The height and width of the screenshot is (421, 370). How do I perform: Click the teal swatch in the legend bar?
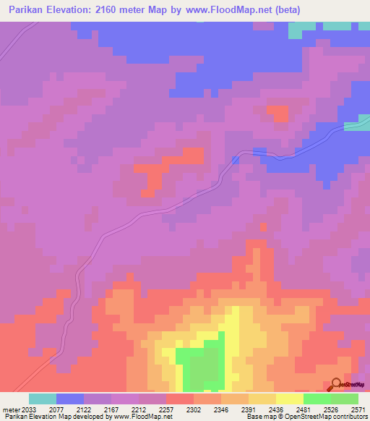click(x=43, y=399)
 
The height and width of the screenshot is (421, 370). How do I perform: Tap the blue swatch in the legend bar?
click(x=70, y=399)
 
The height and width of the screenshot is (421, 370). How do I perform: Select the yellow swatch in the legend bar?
click(x=289, y=399)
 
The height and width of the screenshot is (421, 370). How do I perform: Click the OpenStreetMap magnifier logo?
click(x=337, y=385)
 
